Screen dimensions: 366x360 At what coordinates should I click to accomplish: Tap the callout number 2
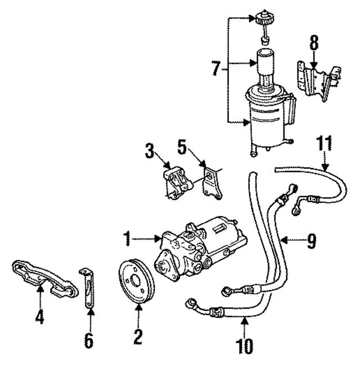click(137, 336)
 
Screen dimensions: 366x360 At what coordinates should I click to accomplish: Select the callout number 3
click(150, 150)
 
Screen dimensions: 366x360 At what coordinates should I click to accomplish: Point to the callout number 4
click(39, 318)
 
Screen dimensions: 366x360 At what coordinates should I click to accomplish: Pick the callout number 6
click(88, 341)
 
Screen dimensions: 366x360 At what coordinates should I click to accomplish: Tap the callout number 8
click(313, 43)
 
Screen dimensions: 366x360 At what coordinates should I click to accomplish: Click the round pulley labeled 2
click(137, 284)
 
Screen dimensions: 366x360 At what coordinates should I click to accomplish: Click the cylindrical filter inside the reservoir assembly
click(265, 62)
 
